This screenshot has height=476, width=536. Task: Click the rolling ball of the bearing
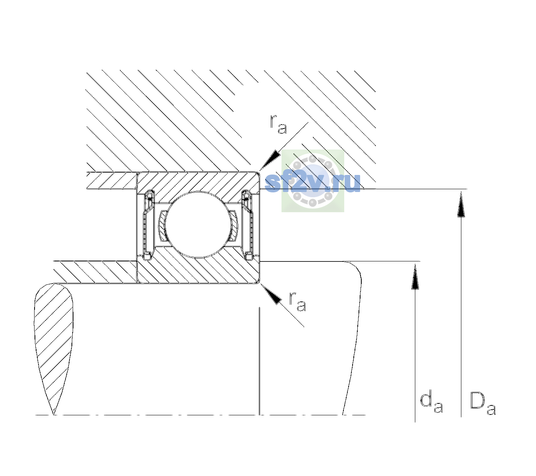tap(197, 225)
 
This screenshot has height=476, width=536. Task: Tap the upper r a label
tap(278, 125)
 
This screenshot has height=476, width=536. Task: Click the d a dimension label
tap(432, 403)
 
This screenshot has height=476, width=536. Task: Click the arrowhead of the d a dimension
tap(415, 276)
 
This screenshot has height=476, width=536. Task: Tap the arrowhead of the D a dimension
tap(461, 204)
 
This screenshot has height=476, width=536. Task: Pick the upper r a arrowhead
tap(270, 160)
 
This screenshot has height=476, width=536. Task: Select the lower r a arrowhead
tap(271, 294)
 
